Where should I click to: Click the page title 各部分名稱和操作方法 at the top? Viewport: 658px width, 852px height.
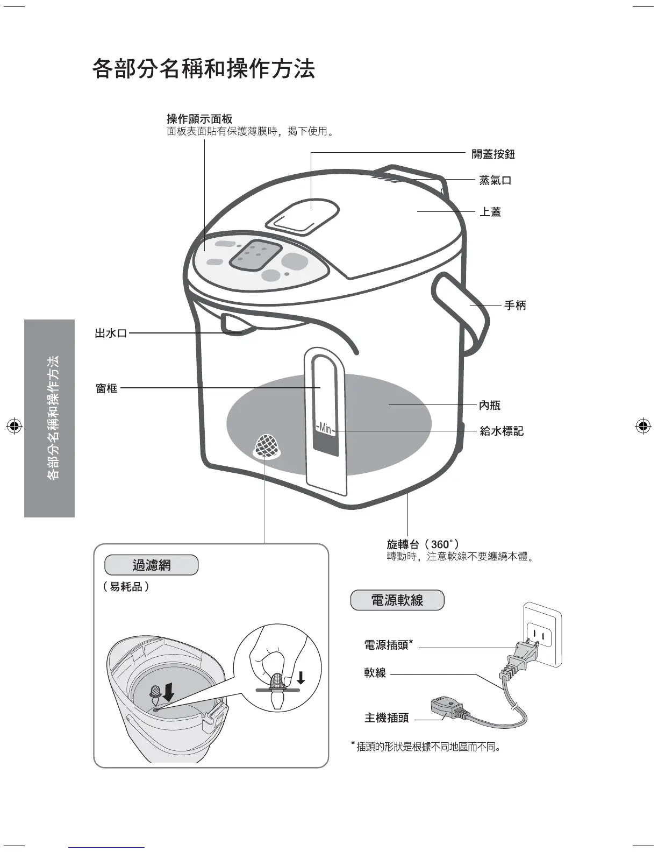[x=203, y=69]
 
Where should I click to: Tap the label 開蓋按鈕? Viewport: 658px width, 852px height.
[x=493, y=154]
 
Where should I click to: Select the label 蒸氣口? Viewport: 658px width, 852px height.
[x=495, y=180]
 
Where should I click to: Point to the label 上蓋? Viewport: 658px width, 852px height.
[x=490, y=212]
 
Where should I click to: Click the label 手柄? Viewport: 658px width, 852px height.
[x=514, y=306]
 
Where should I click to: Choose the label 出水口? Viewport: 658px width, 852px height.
[x=111, y=333]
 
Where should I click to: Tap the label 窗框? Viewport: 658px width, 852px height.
[x=106, y=388]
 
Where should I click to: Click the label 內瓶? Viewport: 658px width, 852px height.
[x=490, y=405]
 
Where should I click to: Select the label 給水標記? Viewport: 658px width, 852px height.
[x=502, y=431]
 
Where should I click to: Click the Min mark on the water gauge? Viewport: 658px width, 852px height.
[x=325, y=429]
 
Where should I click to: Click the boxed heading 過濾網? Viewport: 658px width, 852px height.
[x=151, y=565]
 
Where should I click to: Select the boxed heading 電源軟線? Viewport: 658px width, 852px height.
[x=397, y=600]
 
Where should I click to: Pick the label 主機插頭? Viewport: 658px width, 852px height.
[x=387, y=718]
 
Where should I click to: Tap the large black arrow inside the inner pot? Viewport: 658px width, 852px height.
[x=169, y=692]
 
